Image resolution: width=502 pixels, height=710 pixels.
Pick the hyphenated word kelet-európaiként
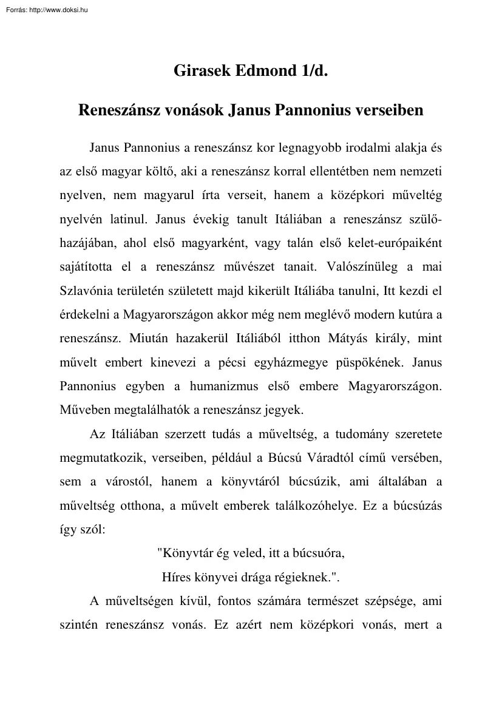point(395,243)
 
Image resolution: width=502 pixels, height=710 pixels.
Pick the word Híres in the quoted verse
point(176,577)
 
